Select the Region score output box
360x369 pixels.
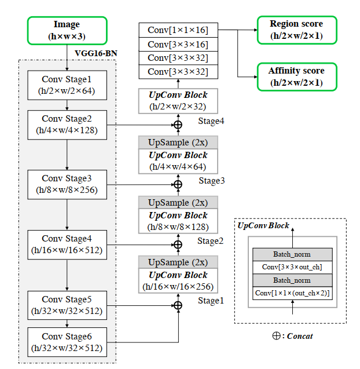(296, 30)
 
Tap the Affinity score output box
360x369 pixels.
(296, 76)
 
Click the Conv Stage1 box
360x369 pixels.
(67, 85)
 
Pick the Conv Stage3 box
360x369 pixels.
(67, 184)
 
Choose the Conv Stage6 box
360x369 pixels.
(67, 342)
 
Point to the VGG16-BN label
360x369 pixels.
(96, 53)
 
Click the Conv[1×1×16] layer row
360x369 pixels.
(178, 30)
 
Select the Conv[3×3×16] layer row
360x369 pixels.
(178, 44)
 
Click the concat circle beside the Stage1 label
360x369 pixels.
(178, 305)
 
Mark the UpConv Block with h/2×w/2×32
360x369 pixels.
(178, 101)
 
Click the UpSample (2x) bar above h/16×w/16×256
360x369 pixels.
(178, 262)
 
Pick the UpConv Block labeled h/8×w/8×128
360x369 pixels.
(178, 221)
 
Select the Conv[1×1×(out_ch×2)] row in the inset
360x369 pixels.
(292, 293)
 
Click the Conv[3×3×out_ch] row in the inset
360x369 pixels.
(292, 267)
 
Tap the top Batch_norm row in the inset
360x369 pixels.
(292, 254)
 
